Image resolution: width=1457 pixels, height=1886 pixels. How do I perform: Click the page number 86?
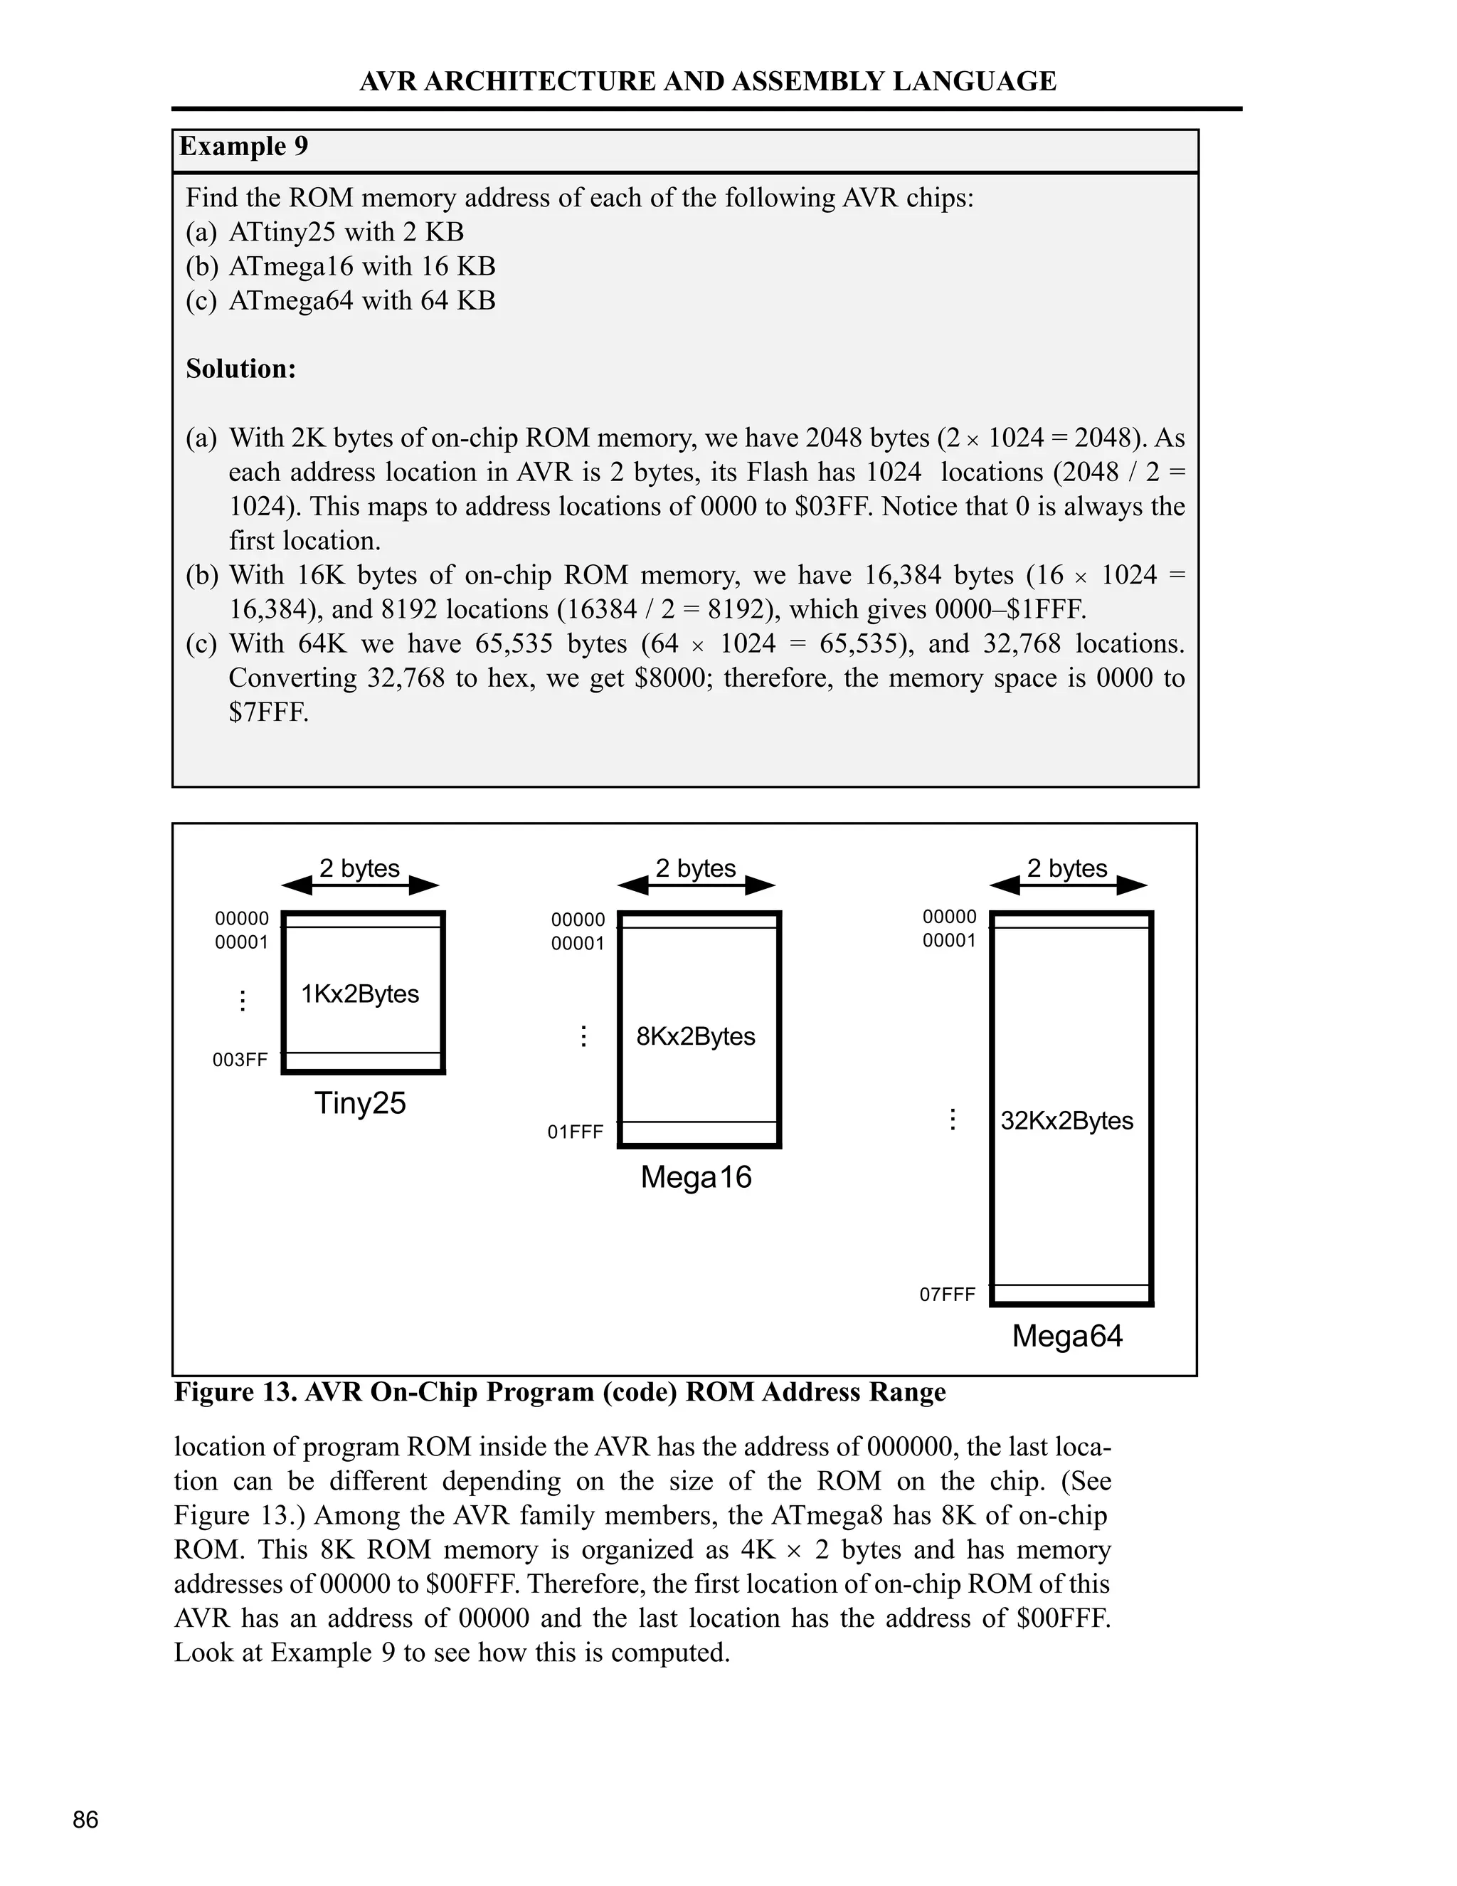[x=85, y=1820]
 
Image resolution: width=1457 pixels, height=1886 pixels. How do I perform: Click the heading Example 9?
[x=243, y=146]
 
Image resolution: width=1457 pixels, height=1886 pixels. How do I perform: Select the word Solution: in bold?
[x=241, y=369]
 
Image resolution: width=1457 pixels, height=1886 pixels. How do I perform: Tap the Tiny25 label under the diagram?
[x=360, y=1102]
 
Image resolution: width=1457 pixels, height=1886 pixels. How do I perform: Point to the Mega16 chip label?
[x=696, y=1177]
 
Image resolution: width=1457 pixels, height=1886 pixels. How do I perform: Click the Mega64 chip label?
[x=1067, y=1336]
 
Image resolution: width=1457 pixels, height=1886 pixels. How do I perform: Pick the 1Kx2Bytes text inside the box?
[x=360, y=994]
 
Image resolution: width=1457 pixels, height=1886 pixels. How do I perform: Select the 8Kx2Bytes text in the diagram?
[x=696, y=1036]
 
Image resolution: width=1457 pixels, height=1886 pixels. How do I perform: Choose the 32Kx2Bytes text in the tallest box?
[x=1067, y=1121]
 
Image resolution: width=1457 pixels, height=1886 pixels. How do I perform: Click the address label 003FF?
[x=240, y=1060]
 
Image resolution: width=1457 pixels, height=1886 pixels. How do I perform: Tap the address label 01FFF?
[x=575, y=1132]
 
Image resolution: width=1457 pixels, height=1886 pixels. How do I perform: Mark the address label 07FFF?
[x=947, y=1295]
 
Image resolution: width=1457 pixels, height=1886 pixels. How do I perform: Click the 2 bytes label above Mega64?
[x=1067, y=868]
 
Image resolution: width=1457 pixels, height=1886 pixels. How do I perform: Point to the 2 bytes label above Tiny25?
[x=360, y=868]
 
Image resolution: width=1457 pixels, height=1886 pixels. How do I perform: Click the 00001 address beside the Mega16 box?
[x=578, y=944]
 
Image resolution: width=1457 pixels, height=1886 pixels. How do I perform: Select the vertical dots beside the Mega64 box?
[x=952, y=1120]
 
